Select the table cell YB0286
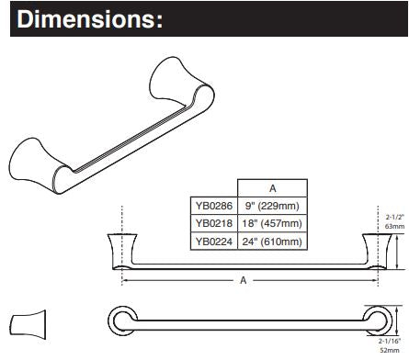pyautogui.click(x=214, y=206)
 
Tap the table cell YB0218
pyautogui.click(x=214, y=223)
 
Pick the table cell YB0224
pyautogui.click(x=214, y=242)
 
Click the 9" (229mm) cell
pyautogui.click(x=272, y=206)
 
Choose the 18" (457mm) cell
pyautogui.click(x=272, y=223)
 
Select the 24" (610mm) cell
pyautogui.click(x=272, y=242)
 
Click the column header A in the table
pyautogui.click(x=272, y=188)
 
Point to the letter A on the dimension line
pyautogui.click(x=244, y=280)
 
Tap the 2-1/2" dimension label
pyautogui.click(x=395, y=218)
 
